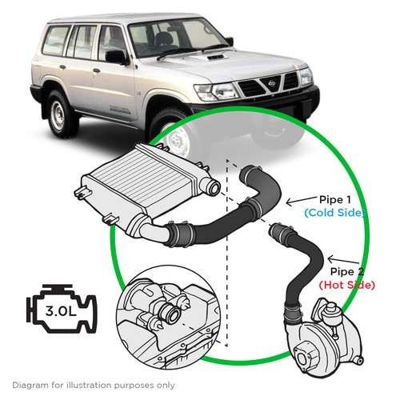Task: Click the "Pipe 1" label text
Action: [x=335, y=199]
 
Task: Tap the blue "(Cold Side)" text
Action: [x=334, y=213]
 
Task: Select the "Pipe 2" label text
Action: [x=347, y=272]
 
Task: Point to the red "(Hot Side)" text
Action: [x=347, y=285]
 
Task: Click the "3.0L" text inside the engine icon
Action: [x=61, y=311]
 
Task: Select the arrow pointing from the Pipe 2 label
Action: [x=343, y=260]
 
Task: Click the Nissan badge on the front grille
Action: [x=272, y=83]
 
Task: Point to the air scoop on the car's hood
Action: [x=215, y=58]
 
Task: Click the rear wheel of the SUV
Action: [x=58, y=114]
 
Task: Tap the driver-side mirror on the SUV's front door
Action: [x=116, y=57]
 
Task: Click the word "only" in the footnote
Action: [x=166, y=386]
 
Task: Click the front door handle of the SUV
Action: [x=96, y=70]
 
